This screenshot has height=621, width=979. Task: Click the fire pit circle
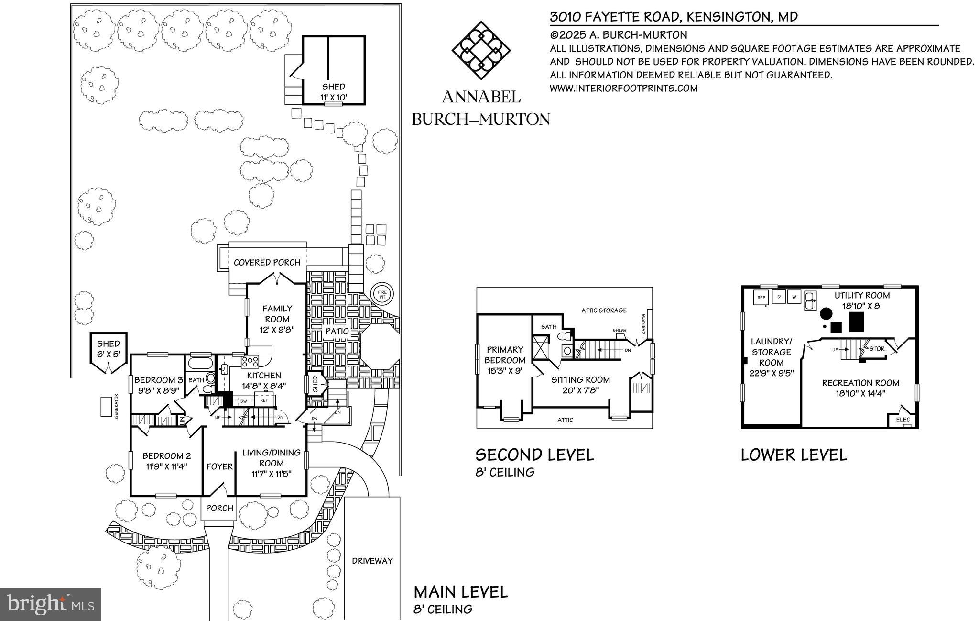point(382,294)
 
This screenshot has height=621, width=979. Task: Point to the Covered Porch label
point(267,263)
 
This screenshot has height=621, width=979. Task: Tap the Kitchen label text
point(264,376)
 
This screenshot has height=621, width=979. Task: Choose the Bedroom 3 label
point(159,380)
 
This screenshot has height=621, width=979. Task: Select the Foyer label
point(219,466)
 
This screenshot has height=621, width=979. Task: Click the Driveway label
point(372,561)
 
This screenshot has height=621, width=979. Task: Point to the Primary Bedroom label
point(506,355)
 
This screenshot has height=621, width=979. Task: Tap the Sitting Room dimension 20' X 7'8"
point(580,390)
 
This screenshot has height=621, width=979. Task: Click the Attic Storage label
point(604,310)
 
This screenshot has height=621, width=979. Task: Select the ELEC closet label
point(903,420)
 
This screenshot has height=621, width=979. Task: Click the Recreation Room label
point(860,383)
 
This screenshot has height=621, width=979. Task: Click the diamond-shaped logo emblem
point(481,50)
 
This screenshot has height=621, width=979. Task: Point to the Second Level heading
point(534,455)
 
